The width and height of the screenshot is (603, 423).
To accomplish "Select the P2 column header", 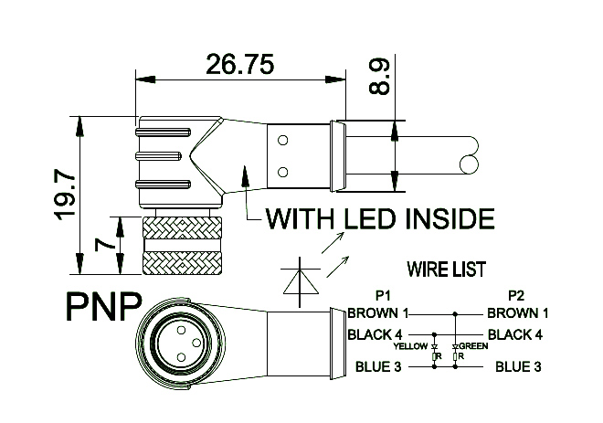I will pos(516,296).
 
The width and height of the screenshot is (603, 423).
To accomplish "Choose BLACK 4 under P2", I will pos(515,334).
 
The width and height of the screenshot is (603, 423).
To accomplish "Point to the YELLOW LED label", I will pos(410,347).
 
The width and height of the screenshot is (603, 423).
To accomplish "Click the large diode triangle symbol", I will pos(299,279).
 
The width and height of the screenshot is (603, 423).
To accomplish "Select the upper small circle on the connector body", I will pos(282,140).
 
